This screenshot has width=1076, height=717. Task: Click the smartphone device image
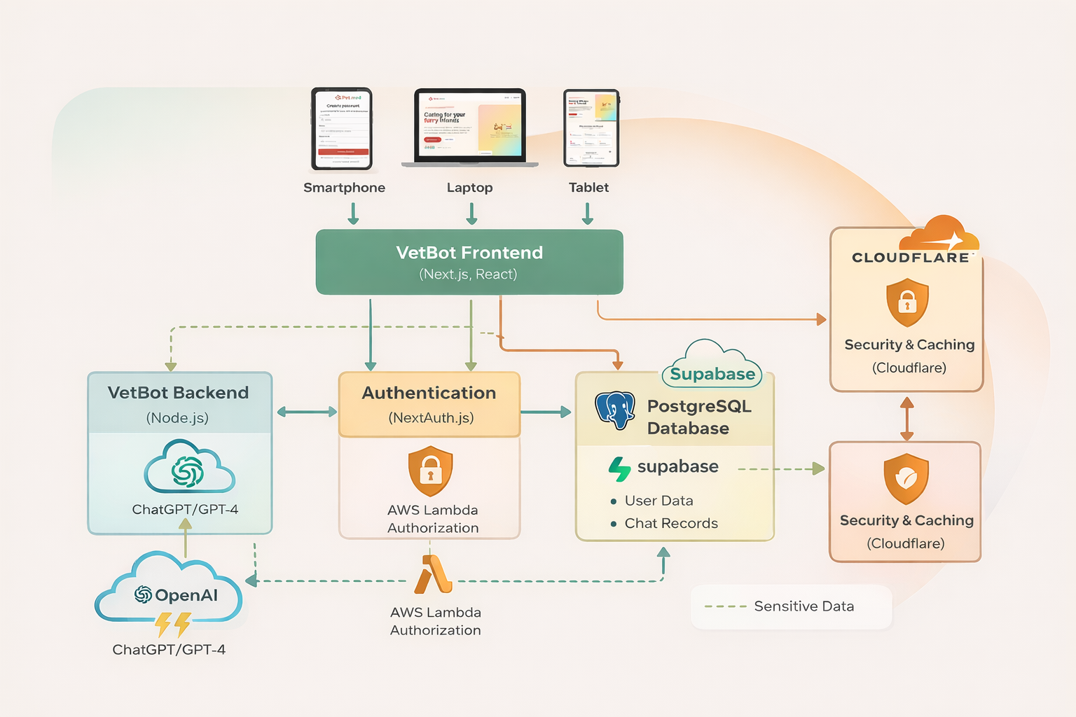342,129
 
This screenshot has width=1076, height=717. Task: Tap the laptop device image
469,127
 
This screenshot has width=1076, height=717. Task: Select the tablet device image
591,127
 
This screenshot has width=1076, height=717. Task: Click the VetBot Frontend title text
469,253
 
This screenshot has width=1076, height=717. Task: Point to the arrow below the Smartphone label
353,214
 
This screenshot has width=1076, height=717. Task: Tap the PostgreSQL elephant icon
615,410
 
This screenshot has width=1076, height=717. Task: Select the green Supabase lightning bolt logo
619,468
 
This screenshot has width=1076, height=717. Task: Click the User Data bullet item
658,501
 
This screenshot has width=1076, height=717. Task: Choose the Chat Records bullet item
670,523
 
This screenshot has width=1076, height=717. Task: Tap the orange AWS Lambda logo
433,575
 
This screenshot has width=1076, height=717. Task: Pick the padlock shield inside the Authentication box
430,471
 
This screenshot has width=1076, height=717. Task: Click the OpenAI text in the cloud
186,595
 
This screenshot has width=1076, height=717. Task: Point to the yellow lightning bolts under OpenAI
172,623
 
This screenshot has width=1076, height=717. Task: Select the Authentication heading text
429,393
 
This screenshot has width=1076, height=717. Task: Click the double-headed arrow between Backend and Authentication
306,412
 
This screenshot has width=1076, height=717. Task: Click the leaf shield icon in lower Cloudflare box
906,479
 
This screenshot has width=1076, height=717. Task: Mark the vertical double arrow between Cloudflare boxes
906,418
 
